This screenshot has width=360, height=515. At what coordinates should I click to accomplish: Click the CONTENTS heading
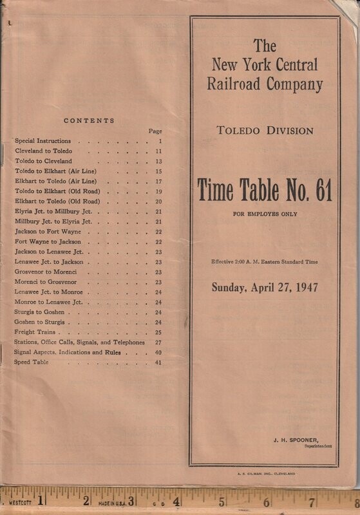point(89,120)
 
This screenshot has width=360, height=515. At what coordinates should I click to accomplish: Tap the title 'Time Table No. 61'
point(265,190)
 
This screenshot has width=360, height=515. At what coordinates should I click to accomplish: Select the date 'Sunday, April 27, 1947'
point(264,287)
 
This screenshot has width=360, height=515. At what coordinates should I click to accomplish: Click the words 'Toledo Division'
point(265,131)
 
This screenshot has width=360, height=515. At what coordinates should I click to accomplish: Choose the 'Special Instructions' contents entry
point(44,140)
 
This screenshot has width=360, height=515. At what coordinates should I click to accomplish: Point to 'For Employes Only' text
point(265,214)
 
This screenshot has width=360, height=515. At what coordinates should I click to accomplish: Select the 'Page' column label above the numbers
point(155,131)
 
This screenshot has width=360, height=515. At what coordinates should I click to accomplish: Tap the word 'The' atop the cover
point(265,46)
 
